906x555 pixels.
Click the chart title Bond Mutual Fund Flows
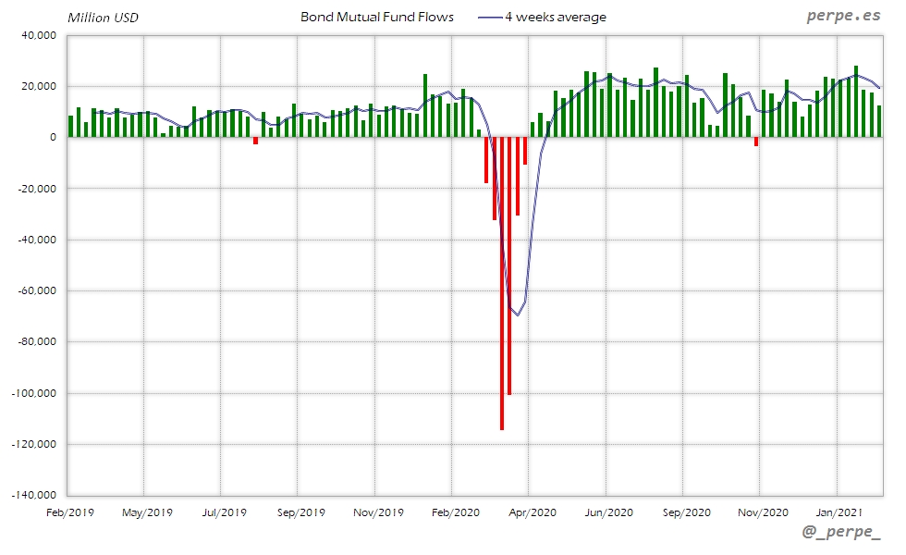coord(377,17)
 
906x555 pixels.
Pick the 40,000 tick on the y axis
coord(39,35)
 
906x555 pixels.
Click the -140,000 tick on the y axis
coord(34,495)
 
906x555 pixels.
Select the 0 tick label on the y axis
coord(52,137)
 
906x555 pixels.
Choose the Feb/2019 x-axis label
coord(69,511)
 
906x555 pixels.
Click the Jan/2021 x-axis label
coord(837,511)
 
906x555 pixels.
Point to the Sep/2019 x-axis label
coord(300,511)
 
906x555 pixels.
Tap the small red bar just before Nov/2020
coord(756,142)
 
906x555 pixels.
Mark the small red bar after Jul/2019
coord(255,141)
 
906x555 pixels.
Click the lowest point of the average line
coord(518,315)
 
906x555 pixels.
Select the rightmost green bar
coord(879,121)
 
